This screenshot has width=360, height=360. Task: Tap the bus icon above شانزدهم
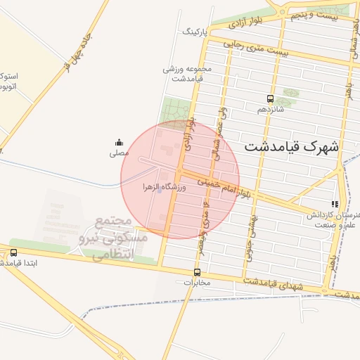pos(271,99)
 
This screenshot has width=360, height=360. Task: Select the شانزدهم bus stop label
pos(271,110)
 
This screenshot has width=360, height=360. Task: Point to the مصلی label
pos(118,153)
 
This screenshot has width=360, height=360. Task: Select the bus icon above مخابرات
pos(197,272)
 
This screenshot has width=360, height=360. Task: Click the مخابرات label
pos(197,283)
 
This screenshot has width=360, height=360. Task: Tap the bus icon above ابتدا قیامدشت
pos(13,252)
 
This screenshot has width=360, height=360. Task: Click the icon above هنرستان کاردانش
pos(335,205)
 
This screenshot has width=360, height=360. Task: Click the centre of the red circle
pos(180,179)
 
